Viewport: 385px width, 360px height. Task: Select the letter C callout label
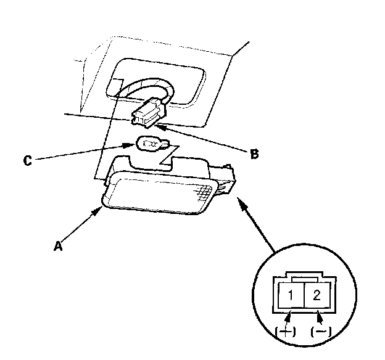tap(27, 161)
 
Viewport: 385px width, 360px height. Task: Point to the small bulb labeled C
tap(149, 145)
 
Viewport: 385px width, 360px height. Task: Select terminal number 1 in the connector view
tap(290, 294)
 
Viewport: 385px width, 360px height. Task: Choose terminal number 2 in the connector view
tap(317, 294)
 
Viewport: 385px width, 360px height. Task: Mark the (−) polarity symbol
tap(321, 332)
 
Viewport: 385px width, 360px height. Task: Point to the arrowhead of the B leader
tap(162, 125)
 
